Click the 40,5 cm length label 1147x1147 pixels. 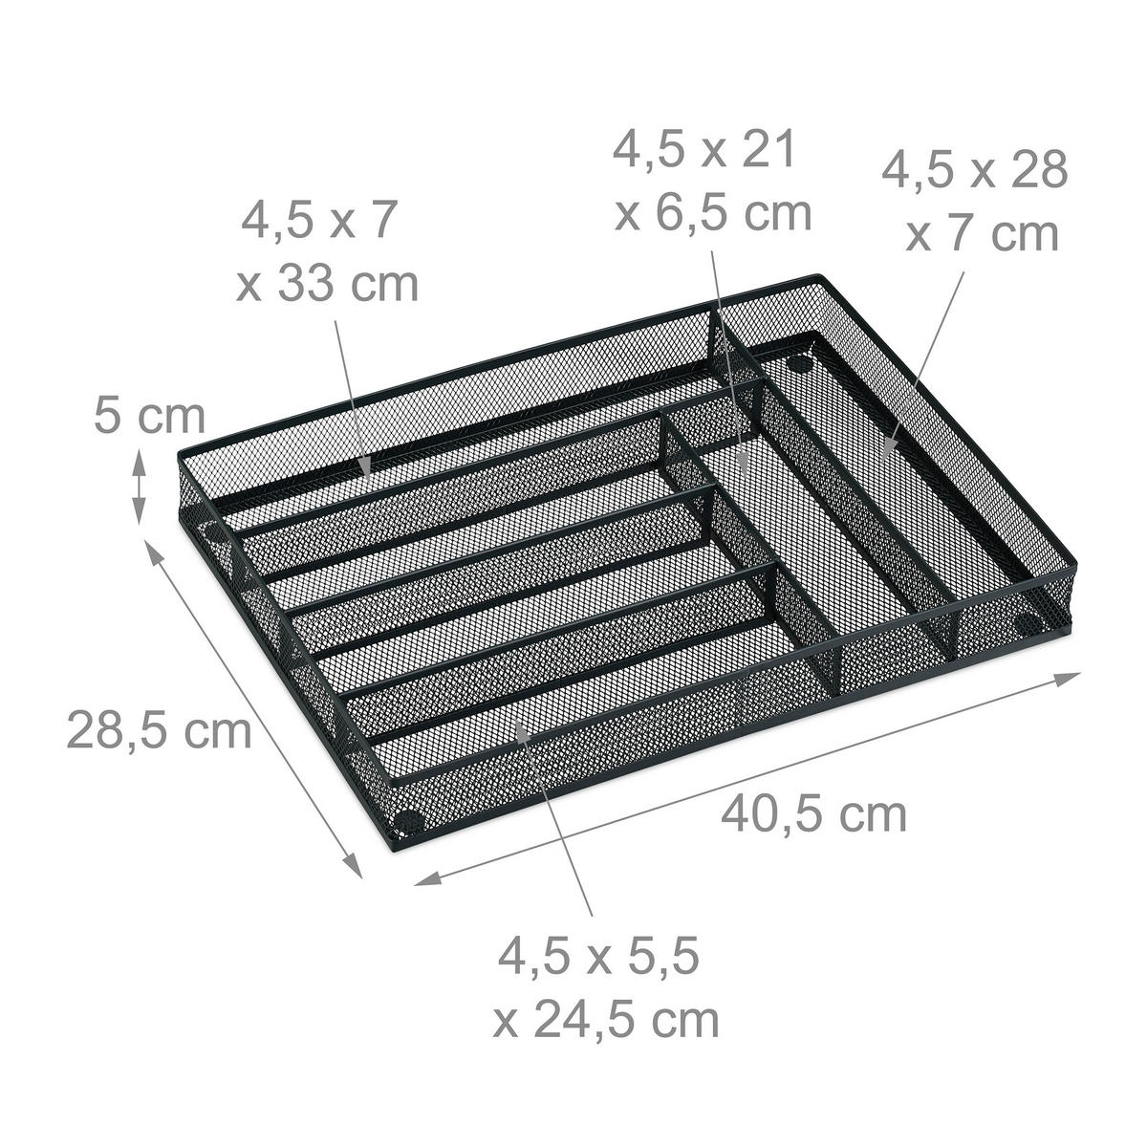pos(812,815)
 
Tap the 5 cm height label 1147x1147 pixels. pos(149,417)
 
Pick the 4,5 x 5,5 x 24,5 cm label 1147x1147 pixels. pos(606,988)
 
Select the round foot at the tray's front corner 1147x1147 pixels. pos(409,819)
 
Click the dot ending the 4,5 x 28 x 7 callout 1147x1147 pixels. pos(887,444)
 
